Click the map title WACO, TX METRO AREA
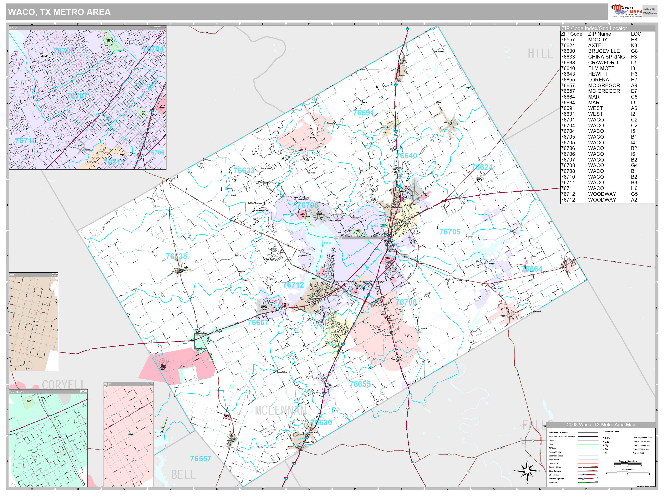[x=59, y=12]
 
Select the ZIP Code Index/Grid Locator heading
[x=594, y=28]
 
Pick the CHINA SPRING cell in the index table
[x=606, y=57]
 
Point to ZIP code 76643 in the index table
[x=568, y=74]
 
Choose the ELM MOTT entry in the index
[x=601, y=68]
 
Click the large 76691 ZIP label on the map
[x=363, y=113]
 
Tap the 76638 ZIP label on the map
[x=176, y=256]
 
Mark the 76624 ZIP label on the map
[x=482, y=167]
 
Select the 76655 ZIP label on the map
[x=360, y=384]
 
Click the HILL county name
[x=540, y=54]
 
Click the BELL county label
[x=183, y=475]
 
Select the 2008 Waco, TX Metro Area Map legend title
[x=601, y=425]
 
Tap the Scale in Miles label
[x=627, y=470]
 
